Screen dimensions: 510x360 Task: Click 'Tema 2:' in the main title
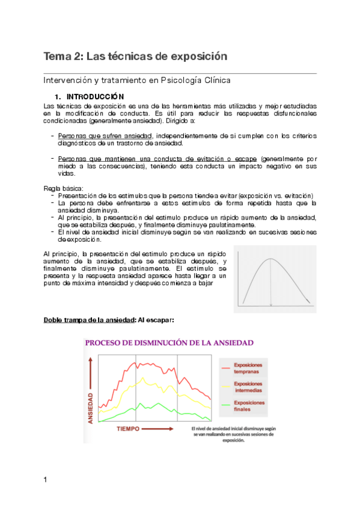[x=64, y=57]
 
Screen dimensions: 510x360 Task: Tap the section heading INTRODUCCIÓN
[x=94, y=96]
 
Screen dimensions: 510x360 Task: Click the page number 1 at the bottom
[x=46, y=479]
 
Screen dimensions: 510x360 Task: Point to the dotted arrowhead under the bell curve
[x=270, y=306]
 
